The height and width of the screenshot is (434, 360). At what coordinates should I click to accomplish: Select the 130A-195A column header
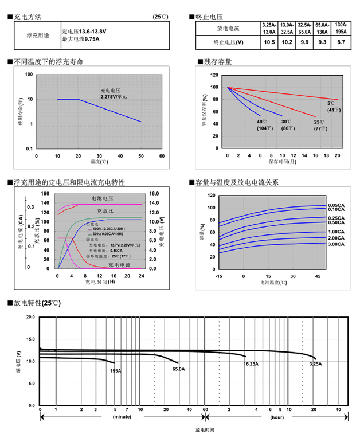pyautogui.click(x=341, y=28)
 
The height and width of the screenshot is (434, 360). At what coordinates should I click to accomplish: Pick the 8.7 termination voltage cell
pyautogui.click(x=341, y=42)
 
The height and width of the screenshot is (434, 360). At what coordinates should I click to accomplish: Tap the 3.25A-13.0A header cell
pyautogui.click(x=269, y=28)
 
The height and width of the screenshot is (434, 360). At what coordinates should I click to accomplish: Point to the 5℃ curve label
pyautogui.click(x=331, y=103)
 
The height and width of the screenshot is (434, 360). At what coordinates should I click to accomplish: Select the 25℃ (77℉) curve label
pyautogui.click(x=319, y=125)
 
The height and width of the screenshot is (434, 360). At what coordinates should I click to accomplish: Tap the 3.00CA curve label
pyautogui.click(x=336, y=245)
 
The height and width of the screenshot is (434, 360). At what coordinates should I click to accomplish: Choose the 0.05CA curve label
pyautogui.click(x=336, y=205)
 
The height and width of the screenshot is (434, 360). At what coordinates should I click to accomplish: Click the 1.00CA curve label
pyautogui.click(x=336, y=232)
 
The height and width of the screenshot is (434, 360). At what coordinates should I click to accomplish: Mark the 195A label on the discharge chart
pyautogui.click(x=115, y=371)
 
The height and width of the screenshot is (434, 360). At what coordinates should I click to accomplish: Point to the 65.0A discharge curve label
pyautogui.click(x=178, y=369)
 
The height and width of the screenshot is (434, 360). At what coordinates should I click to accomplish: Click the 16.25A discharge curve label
pyautogui.click(x=251, y=364)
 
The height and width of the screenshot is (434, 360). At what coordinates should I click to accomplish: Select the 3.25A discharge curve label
pyautogui.click(x=315, y=364)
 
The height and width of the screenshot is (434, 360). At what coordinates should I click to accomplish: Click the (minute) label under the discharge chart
pyautogui.click(x=122, y=417)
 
